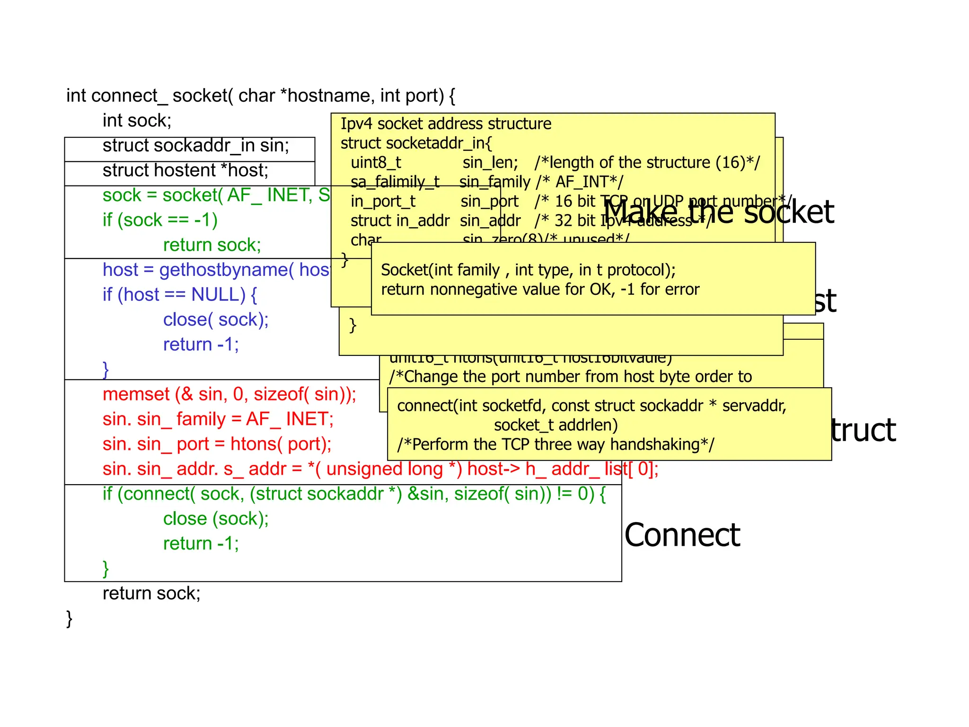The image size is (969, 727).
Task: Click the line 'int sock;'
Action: [137, 121]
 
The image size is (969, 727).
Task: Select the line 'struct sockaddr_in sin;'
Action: [195, 146]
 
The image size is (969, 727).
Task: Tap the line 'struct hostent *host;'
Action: [185, 170]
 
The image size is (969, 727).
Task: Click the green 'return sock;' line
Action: [211, 245]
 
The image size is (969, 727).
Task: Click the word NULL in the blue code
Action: [218, 295]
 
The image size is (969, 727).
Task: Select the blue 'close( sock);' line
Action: [215, 320]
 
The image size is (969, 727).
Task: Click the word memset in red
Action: [136, 394]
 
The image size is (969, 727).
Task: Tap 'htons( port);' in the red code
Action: [281, 444]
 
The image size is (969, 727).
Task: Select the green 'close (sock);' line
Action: [215, 519]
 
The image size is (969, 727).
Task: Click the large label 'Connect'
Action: [682, 535]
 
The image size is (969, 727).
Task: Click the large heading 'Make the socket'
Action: [718, 212]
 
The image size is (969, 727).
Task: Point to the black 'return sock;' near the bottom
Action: [151, 594]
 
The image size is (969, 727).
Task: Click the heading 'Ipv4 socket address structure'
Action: [446, 124]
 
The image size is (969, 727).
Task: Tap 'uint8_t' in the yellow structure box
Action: [376, 163]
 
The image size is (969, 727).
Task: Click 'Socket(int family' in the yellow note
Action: [440, 270]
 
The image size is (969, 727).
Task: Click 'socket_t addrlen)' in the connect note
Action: [555, 426]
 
